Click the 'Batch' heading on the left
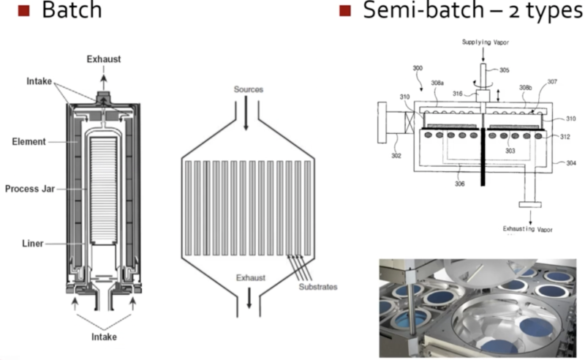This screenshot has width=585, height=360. coord(71,12)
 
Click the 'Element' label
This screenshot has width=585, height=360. coord(29,141)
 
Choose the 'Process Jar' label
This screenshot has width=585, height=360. coord(26,190)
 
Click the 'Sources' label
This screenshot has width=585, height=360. coord(248,89)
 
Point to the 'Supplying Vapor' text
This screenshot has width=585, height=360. coord(486,42)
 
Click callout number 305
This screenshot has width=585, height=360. coord(505,71)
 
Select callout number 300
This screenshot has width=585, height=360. coord(418,67)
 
